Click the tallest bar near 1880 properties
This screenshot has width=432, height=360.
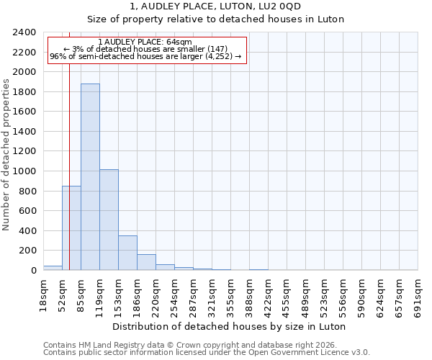coord(90,177)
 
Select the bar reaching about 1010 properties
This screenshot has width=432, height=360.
coord(109,220)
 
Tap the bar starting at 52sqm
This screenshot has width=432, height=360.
coord(71,228)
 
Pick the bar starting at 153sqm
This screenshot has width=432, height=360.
coord(127,253)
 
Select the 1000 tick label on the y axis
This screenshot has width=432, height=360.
coord(24,171)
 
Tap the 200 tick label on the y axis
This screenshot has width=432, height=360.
coord(27,251)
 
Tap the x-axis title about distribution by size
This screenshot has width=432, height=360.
coord(230,326)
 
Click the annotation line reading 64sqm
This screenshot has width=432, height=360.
coord(145,42)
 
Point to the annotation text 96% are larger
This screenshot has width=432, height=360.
coord(145,57)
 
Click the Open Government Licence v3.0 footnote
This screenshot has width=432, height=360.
coord(207,352)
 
